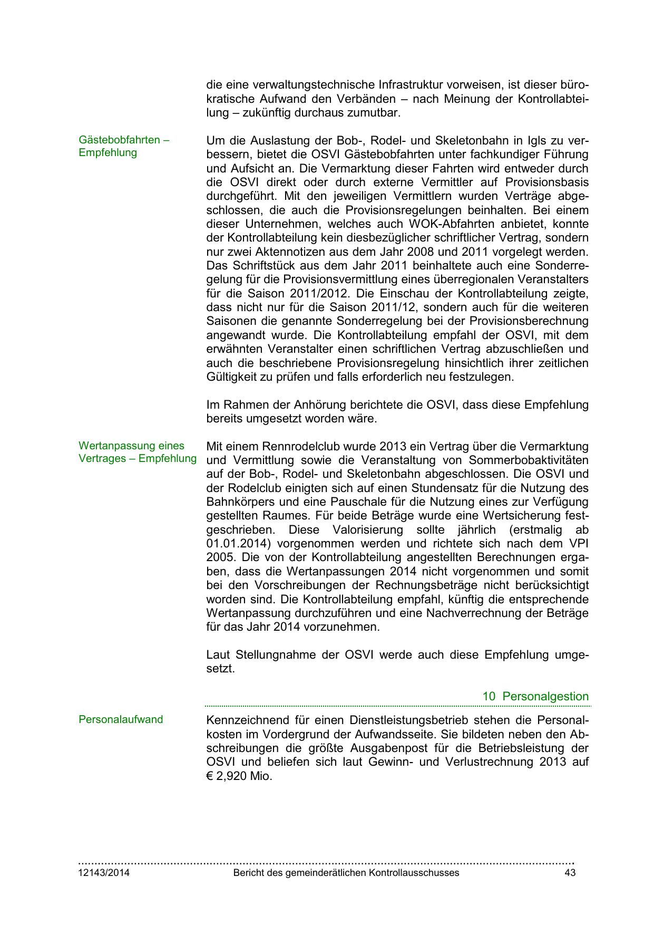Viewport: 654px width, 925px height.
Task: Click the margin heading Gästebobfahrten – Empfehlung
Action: (124, 147)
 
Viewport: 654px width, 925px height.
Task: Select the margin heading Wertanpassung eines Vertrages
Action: (137, 452)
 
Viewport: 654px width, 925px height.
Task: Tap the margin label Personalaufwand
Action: (121, 719)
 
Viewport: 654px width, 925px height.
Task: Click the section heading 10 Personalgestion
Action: (535, 696)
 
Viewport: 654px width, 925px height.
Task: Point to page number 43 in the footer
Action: (570, 873)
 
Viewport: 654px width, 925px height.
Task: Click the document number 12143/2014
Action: (104, 873)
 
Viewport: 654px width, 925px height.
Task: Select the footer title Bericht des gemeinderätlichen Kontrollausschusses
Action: (346, 873)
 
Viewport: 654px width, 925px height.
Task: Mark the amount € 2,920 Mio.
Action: (239, 776)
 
